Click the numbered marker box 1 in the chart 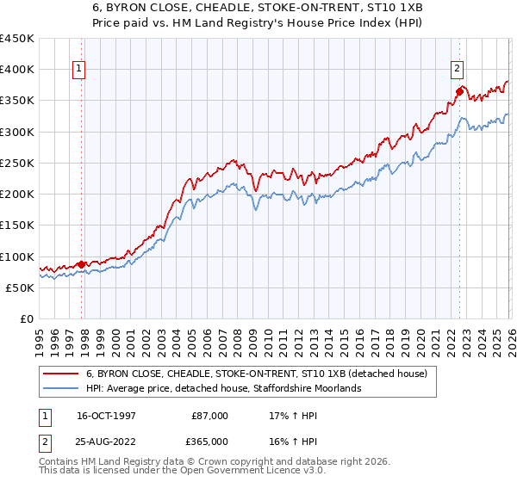[x=78, y=71]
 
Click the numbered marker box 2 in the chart [x=457, y=71]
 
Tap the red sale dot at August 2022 [x=459, y=91]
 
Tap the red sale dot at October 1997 [x=82, y=264]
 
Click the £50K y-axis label [x=21, y=287]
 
